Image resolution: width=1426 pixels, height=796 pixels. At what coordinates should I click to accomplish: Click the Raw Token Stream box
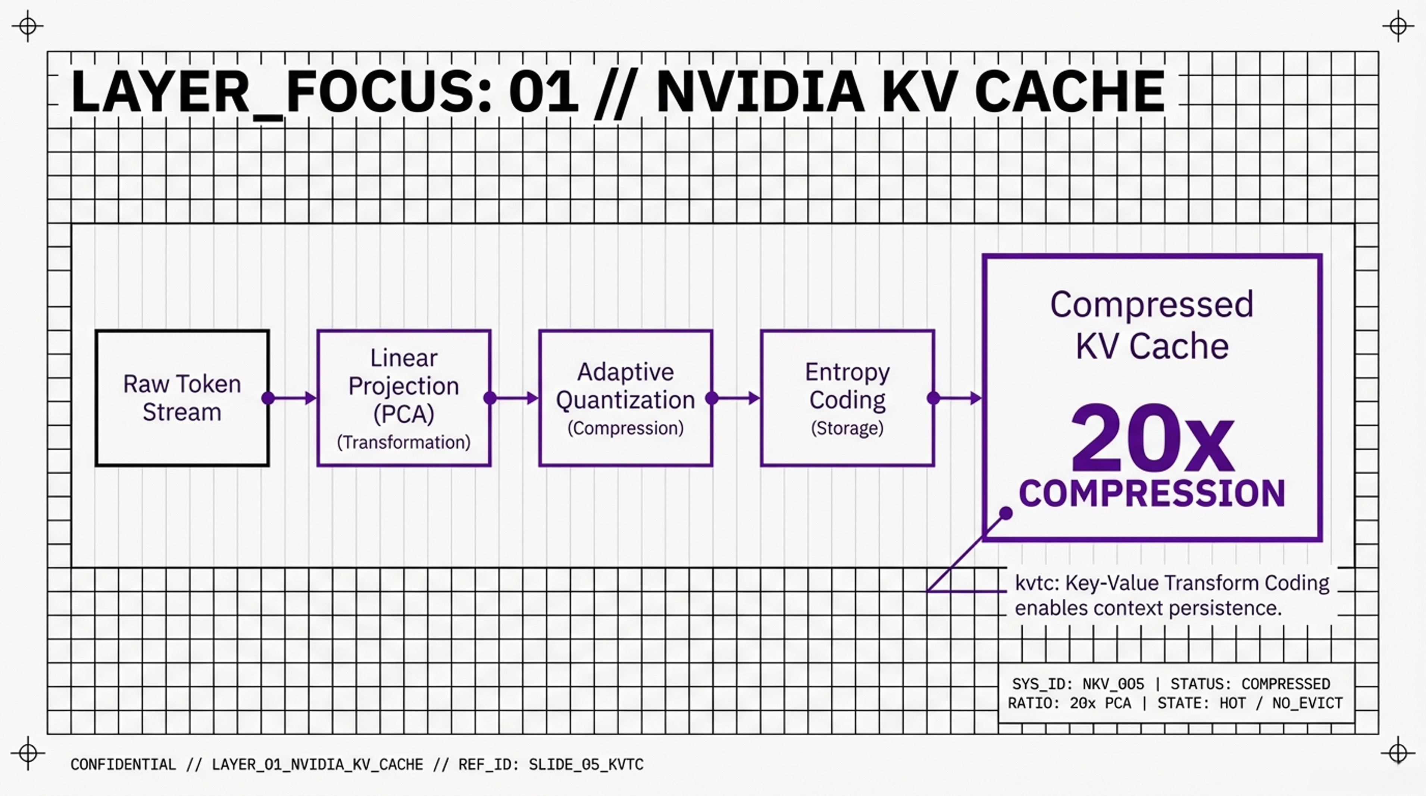(182, 398)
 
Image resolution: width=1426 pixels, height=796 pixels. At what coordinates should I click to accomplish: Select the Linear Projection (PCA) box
(404, 398)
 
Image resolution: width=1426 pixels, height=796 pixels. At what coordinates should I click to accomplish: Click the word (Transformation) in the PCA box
(404, 442)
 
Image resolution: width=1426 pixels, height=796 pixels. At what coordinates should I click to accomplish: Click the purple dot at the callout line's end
(1006, 514)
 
